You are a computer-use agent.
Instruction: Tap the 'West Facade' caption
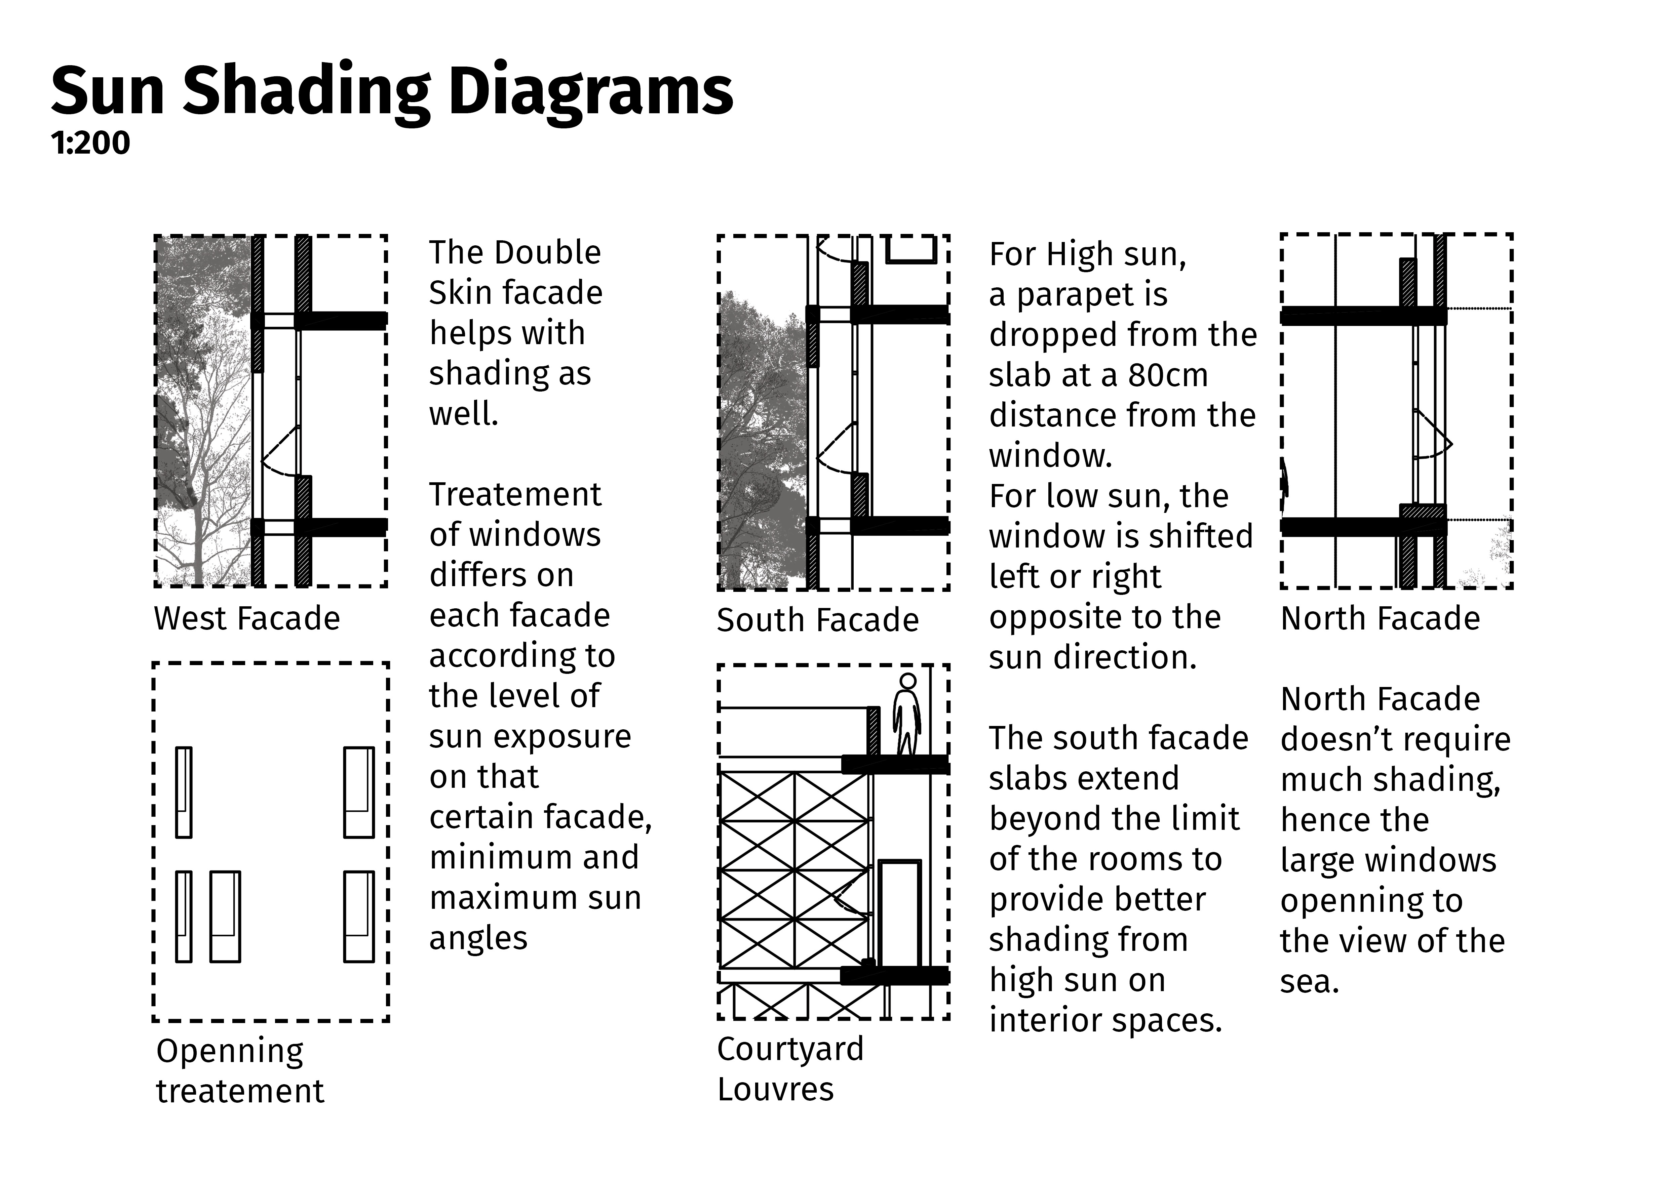(247, 618)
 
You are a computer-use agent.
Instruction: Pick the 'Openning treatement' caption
(240, 1071)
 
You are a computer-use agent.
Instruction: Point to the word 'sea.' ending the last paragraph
(1309, 981)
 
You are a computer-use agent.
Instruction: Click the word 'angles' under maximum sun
(478, 938)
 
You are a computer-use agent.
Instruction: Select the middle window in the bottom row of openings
(225, 916)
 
